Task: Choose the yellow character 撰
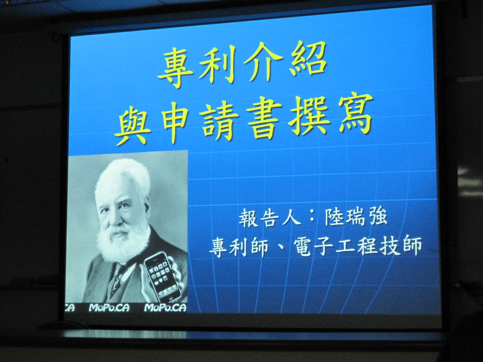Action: tap(308, 116)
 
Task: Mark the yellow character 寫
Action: tap(353, 115)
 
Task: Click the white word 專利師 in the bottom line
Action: tap(239, 247)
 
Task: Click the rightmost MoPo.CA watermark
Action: tap(165, 308)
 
